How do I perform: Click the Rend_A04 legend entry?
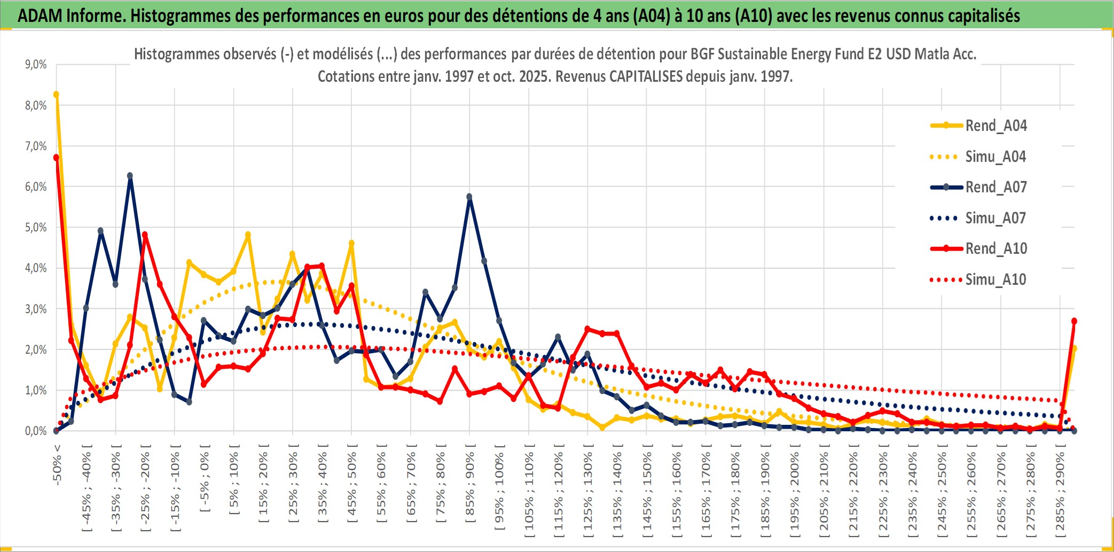(995, 126)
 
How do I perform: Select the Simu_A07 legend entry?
(995, 218)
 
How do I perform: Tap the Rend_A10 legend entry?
(995, 248)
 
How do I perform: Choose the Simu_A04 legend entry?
(995, 157)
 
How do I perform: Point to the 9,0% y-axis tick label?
(36, 65)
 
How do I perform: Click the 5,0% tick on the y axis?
(36, 228)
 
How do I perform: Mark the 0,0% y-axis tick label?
(36, 431)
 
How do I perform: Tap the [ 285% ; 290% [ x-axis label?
(1060, 494)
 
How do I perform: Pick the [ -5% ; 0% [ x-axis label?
(205, 478)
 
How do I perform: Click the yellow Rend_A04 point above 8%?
(56, 95)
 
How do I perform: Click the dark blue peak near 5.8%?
(469, 197)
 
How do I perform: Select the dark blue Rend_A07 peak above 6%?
(130, 176)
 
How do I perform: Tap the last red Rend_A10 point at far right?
(1074, 321)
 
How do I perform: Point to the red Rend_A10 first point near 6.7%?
(56, 158)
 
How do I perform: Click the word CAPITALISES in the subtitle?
(646, 76)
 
